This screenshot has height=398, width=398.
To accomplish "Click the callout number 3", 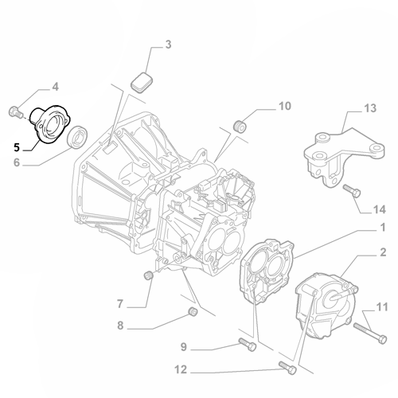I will click(168, 46).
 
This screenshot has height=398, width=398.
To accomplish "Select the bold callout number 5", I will click(16, 146).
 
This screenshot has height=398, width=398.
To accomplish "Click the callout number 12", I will click(181, 369).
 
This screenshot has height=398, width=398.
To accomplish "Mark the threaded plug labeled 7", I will click(146, 276).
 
